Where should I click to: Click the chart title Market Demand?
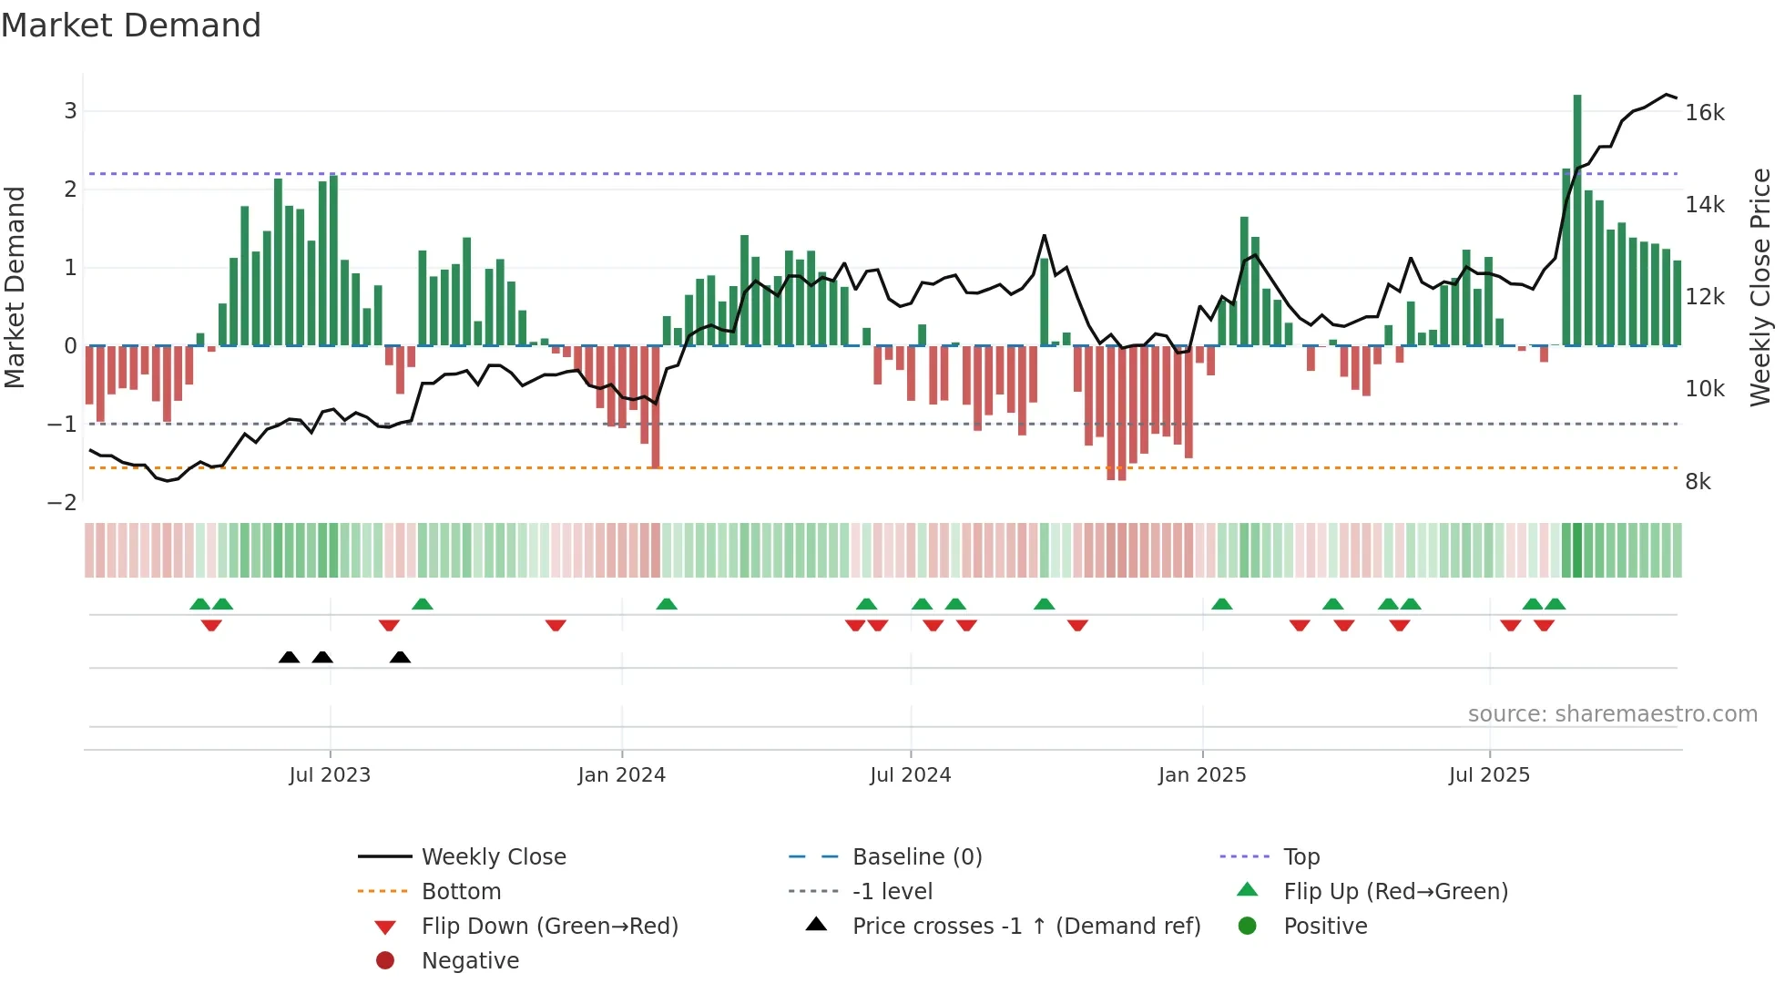coord(131,26)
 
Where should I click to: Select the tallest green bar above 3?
coord(1577,219)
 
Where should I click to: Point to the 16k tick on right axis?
coord(1704,113)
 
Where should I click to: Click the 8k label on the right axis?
coord(1698,482)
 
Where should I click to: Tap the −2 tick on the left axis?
coord(62,503)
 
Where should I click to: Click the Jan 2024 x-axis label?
coord(621,775)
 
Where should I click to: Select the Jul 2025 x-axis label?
coord(1489,775)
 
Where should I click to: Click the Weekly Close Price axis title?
coord(1760,287)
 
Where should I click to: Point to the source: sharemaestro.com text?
coord(1612,714)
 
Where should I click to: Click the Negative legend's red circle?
coord(385,961)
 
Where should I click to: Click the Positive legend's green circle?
coord(1248,927)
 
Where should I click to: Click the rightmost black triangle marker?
coord(400,658)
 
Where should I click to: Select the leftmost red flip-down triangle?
coord(211,625)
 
